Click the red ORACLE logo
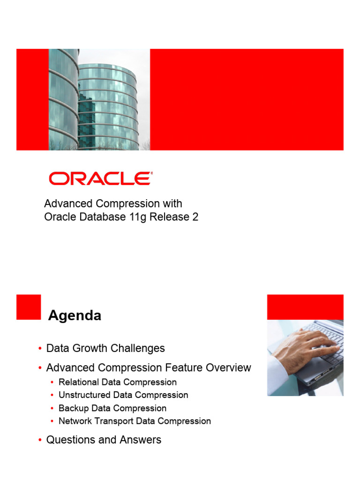pyautogui.click(x=101, y=179)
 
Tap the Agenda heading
pyautogui.click(x=75, y=315)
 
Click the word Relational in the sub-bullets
pyautogui.click(x=79, y=382)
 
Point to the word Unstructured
pyautogui.click(x=84, y=395)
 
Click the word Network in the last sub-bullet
pyautogui.click(x=75, y=421)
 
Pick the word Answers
pyautogui.click(x=141, y=440)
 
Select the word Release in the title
pyautogui.click(x=169, y=217)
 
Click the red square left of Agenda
pyautogui.click(x=29, y=307)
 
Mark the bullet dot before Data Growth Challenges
pyautogui.click(x=40, y=348)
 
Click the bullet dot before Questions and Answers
pyautogui.click(x=40, y=440)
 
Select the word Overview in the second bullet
pyautogui.click(x=228, y=367)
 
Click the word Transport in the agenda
pyautogui.click(x=113, y=421)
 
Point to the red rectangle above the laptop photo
pyautogui.click(x=305, y=307)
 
